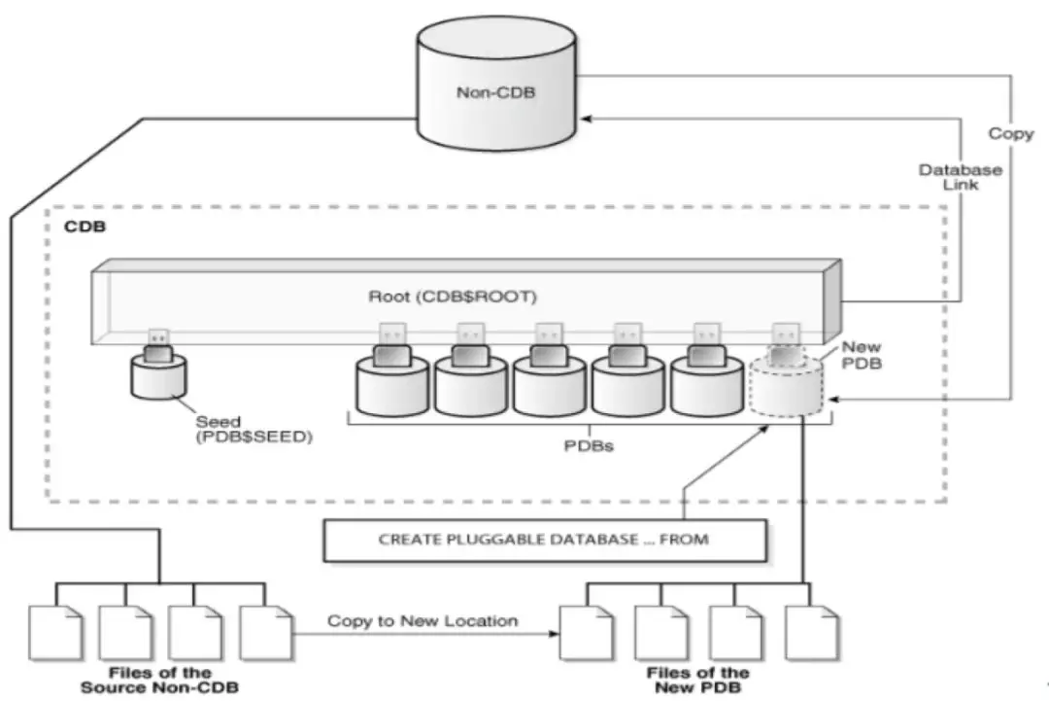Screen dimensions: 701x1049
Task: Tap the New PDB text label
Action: tap(860, 355)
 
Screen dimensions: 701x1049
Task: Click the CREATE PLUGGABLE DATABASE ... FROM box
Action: tap(544, 539)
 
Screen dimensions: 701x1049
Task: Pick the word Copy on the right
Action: tap(1011, 133)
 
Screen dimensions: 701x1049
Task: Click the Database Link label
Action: tap(960, 177)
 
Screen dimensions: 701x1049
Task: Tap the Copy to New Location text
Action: tap(423, 620)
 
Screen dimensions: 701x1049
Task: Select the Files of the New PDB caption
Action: tap(697, 680)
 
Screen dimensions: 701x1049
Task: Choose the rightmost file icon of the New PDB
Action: tap(811, 633)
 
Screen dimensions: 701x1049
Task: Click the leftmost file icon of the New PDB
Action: tap(587, 633)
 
